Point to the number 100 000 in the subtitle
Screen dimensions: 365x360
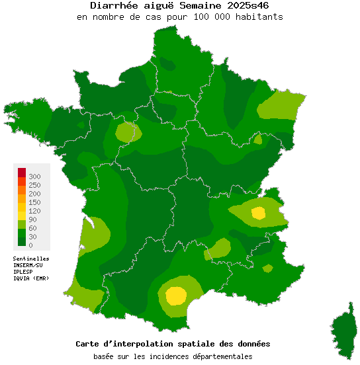point(210,17)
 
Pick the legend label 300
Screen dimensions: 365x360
point(35,177)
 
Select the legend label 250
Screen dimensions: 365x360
point(35,185)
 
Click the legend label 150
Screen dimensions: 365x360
point(35,202)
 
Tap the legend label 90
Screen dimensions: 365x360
point(33,220)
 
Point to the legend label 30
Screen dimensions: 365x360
point(33,237)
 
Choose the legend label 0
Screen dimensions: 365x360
point(31,245)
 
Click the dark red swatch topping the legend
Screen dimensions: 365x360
point(22,173)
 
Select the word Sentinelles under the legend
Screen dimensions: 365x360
point(31,259)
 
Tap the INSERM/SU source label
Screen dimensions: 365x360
point(28,265)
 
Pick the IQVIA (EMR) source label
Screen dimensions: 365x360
point(30,278)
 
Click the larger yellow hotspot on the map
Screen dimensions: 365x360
point(176,296)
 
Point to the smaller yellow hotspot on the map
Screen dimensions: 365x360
point(258,213)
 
